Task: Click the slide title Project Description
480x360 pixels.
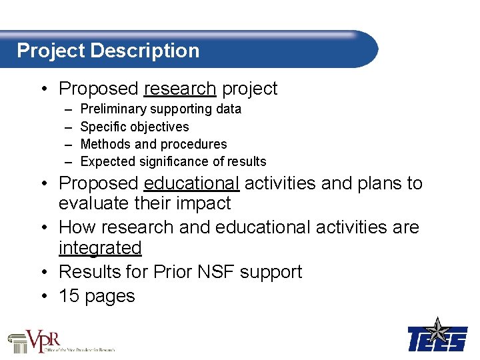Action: (108, 51)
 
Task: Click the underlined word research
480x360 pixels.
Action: (179, 89)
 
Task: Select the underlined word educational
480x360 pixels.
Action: (191, 183)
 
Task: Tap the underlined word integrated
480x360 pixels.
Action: (100, 248)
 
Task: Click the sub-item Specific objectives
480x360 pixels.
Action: (134, 127)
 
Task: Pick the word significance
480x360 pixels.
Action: (167, 161)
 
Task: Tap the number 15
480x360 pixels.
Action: (69, 296)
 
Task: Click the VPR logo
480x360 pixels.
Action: (61, 341)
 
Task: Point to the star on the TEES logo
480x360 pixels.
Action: (438, 329)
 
